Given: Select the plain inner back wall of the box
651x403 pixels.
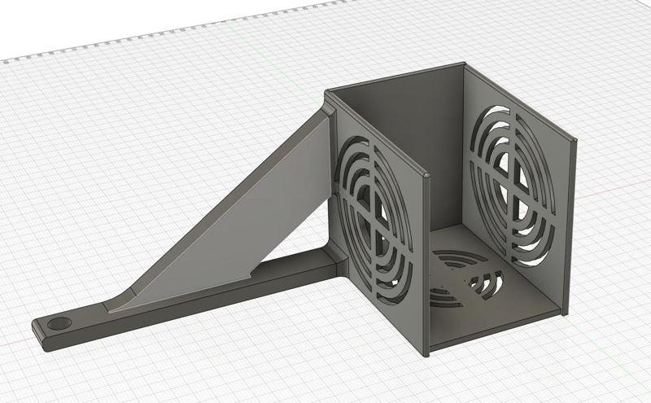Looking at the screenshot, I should click(x=399, y=130).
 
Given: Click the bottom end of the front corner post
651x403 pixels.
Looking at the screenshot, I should click(x=425, y=352).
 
